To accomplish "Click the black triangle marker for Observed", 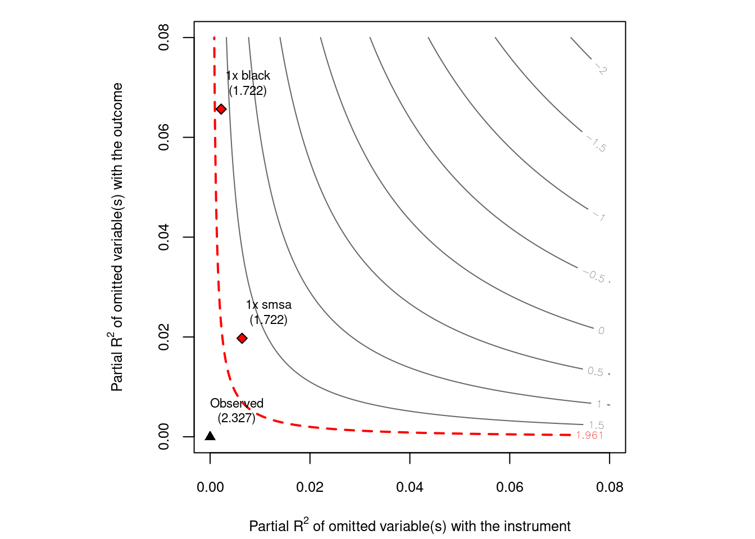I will click(210, 436).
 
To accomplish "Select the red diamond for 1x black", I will click(221, 109).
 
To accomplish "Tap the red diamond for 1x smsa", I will click(242, 338).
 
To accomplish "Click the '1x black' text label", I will click(248, 76).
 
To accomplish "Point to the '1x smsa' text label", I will click(269, 305).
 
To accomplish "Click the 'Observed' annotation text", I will click(236, 403).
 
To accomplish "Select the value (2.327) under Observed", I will click(236, 418).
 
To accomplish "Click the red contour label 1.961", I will click(589, 435).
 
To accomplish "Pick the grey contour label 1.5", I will click(596, 425).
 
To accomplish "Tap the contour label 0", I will click(601, 331).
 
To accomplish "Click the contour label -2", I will click(601, 69).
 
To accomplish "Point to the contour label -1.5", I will click(597, 144).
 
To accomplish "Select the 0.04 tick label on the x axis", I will click(410, 487).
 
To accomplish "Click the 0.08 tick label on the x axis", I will click(610, 487).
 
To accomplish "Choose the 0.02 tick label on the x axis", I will click(310, 487).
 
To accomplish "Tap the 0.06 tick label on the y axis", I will click(164, 138).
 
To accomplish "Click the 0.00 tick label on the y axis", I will click(164, 436).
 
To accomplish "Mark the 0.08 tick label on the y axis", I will click(164, 38).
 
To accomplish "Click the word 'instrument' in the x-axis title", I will click(540, 527).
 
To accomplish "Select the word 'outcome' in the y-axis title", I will click(117, 109).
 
